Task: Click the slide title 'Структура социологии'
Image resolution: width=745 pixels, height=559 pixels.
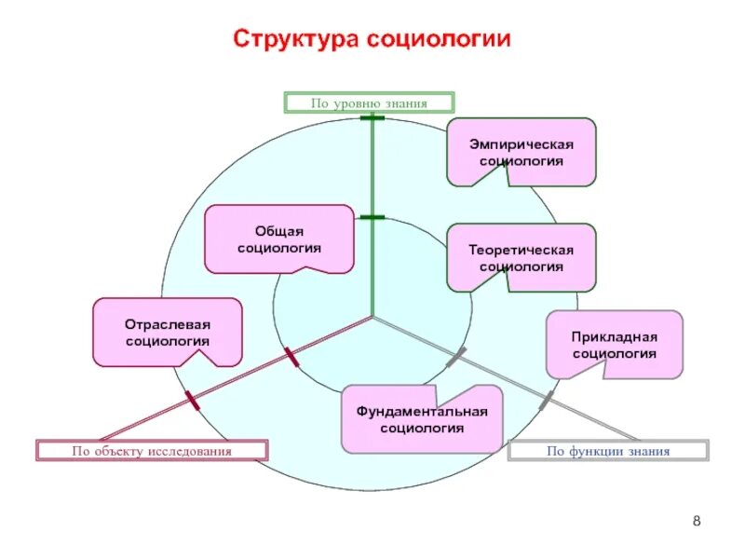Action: coord(372,40)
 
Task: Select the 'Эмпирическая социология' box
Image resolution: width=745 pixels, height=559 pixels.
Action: coord(521,152)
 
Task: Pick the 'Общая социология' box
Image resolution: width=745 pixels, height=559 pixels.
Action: coord(279,239)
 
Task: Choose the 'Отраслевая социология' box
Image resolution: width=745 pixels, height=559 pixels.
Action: coord(168,333)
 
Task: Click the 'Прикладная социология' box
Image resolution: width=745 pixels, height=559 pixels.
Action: coord(615,345)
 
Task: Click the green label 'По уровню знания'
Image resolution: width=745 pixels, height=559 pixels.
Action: coord(369,103)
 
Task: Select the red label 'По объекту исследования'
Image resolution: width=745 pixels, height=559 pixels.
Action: coord(152,451)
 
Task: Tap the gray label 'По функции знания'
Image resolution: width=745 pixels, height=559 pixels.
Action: coord(608,452)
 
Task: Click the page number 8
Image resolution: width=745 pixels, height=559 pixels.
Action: coord(697,520)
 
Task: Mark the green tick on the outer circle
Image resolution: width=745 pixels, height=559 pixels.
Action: coord(372,118)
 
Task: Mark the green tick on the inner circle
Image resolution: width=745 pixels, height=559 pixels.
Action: coord(372,217)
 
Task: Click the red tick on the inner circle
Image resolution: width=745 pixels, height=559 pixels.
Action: coord(290,357)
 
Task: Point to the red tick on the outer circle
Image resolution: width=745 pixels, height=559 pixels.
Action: coord(192,402)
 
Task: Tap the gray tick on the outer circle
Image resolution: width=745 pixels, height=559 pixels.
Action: coord(547,401)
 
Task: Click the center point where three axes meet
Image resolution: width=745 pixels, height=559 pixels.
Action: coord(372,317)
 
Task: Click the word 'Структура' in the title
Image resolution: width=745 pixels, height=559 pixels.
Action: coord(294,40)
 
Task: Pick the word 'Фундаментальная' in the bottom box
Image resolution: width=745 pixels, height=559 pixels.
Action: coord(422,412)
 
